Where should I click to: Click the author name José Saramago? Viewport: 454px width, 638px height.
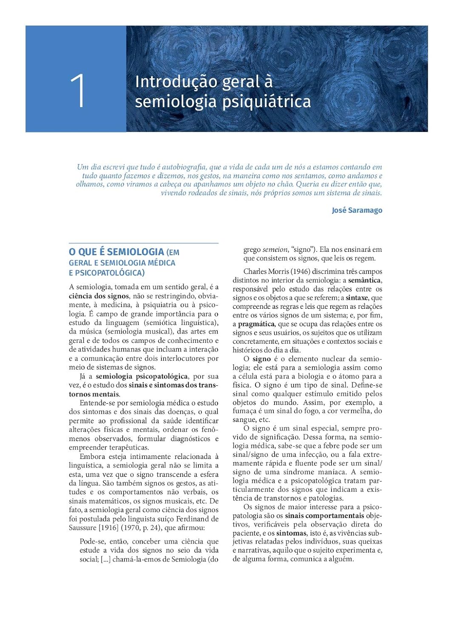click(x=357, y=210)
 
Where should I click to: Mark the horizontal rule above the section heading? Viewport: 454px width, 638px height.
click(x=144, y=243)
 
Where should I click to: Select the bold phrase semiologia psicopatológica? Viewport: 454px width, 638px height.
click(x=142, y=376)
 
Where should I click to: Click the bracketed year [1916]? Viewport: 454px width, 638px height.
click(x=108, y=527)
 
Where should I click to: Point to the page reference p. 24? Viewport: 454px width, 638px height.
click(x=150, y=527)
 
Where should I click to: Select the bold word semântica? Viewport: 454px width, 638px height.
click(x=364, y=280)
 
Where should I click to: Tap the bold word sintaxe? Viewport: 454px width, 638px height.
click(x=357, y=298)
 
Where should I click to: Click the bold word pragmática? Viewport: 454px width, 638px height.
click(x=256, y=324)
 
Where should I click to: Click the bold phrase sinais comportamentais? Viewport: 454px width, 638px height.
click(x=324, y=516)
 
